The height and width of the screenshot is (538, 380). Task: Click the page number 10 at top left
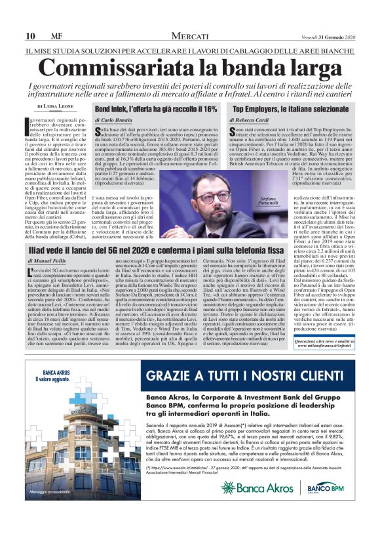(30, 35)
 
